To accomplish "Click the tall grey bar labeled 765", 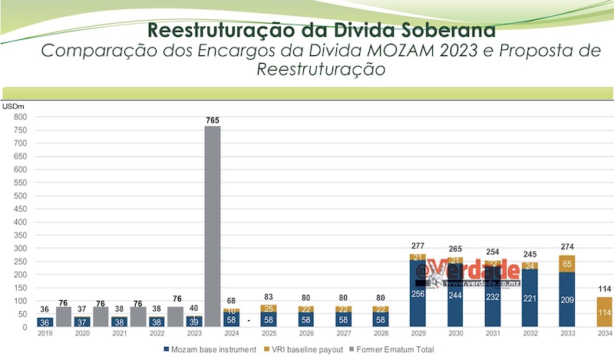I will pyautogui.click(x=212, y=226).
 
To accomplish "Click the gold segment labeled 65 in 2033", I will pyautogui.click(x=566, y=263).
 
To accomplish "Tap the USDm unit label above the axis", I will pyautogui.click(x=14, y=106).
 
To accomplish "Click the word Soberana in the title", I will pyautogui.click(x=439, y=31).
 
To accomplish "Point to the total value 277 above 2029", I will pyautogui.click(x=418, y=245).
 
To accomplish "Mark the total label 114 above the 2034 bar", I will pyautogui.click(x=603, y=289).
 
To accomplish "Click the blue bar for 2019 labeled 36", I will pyautogui.click(x=45, y=322).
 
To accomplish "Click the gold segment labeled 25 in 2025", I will pyautogui.click(x=269, y=309).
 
